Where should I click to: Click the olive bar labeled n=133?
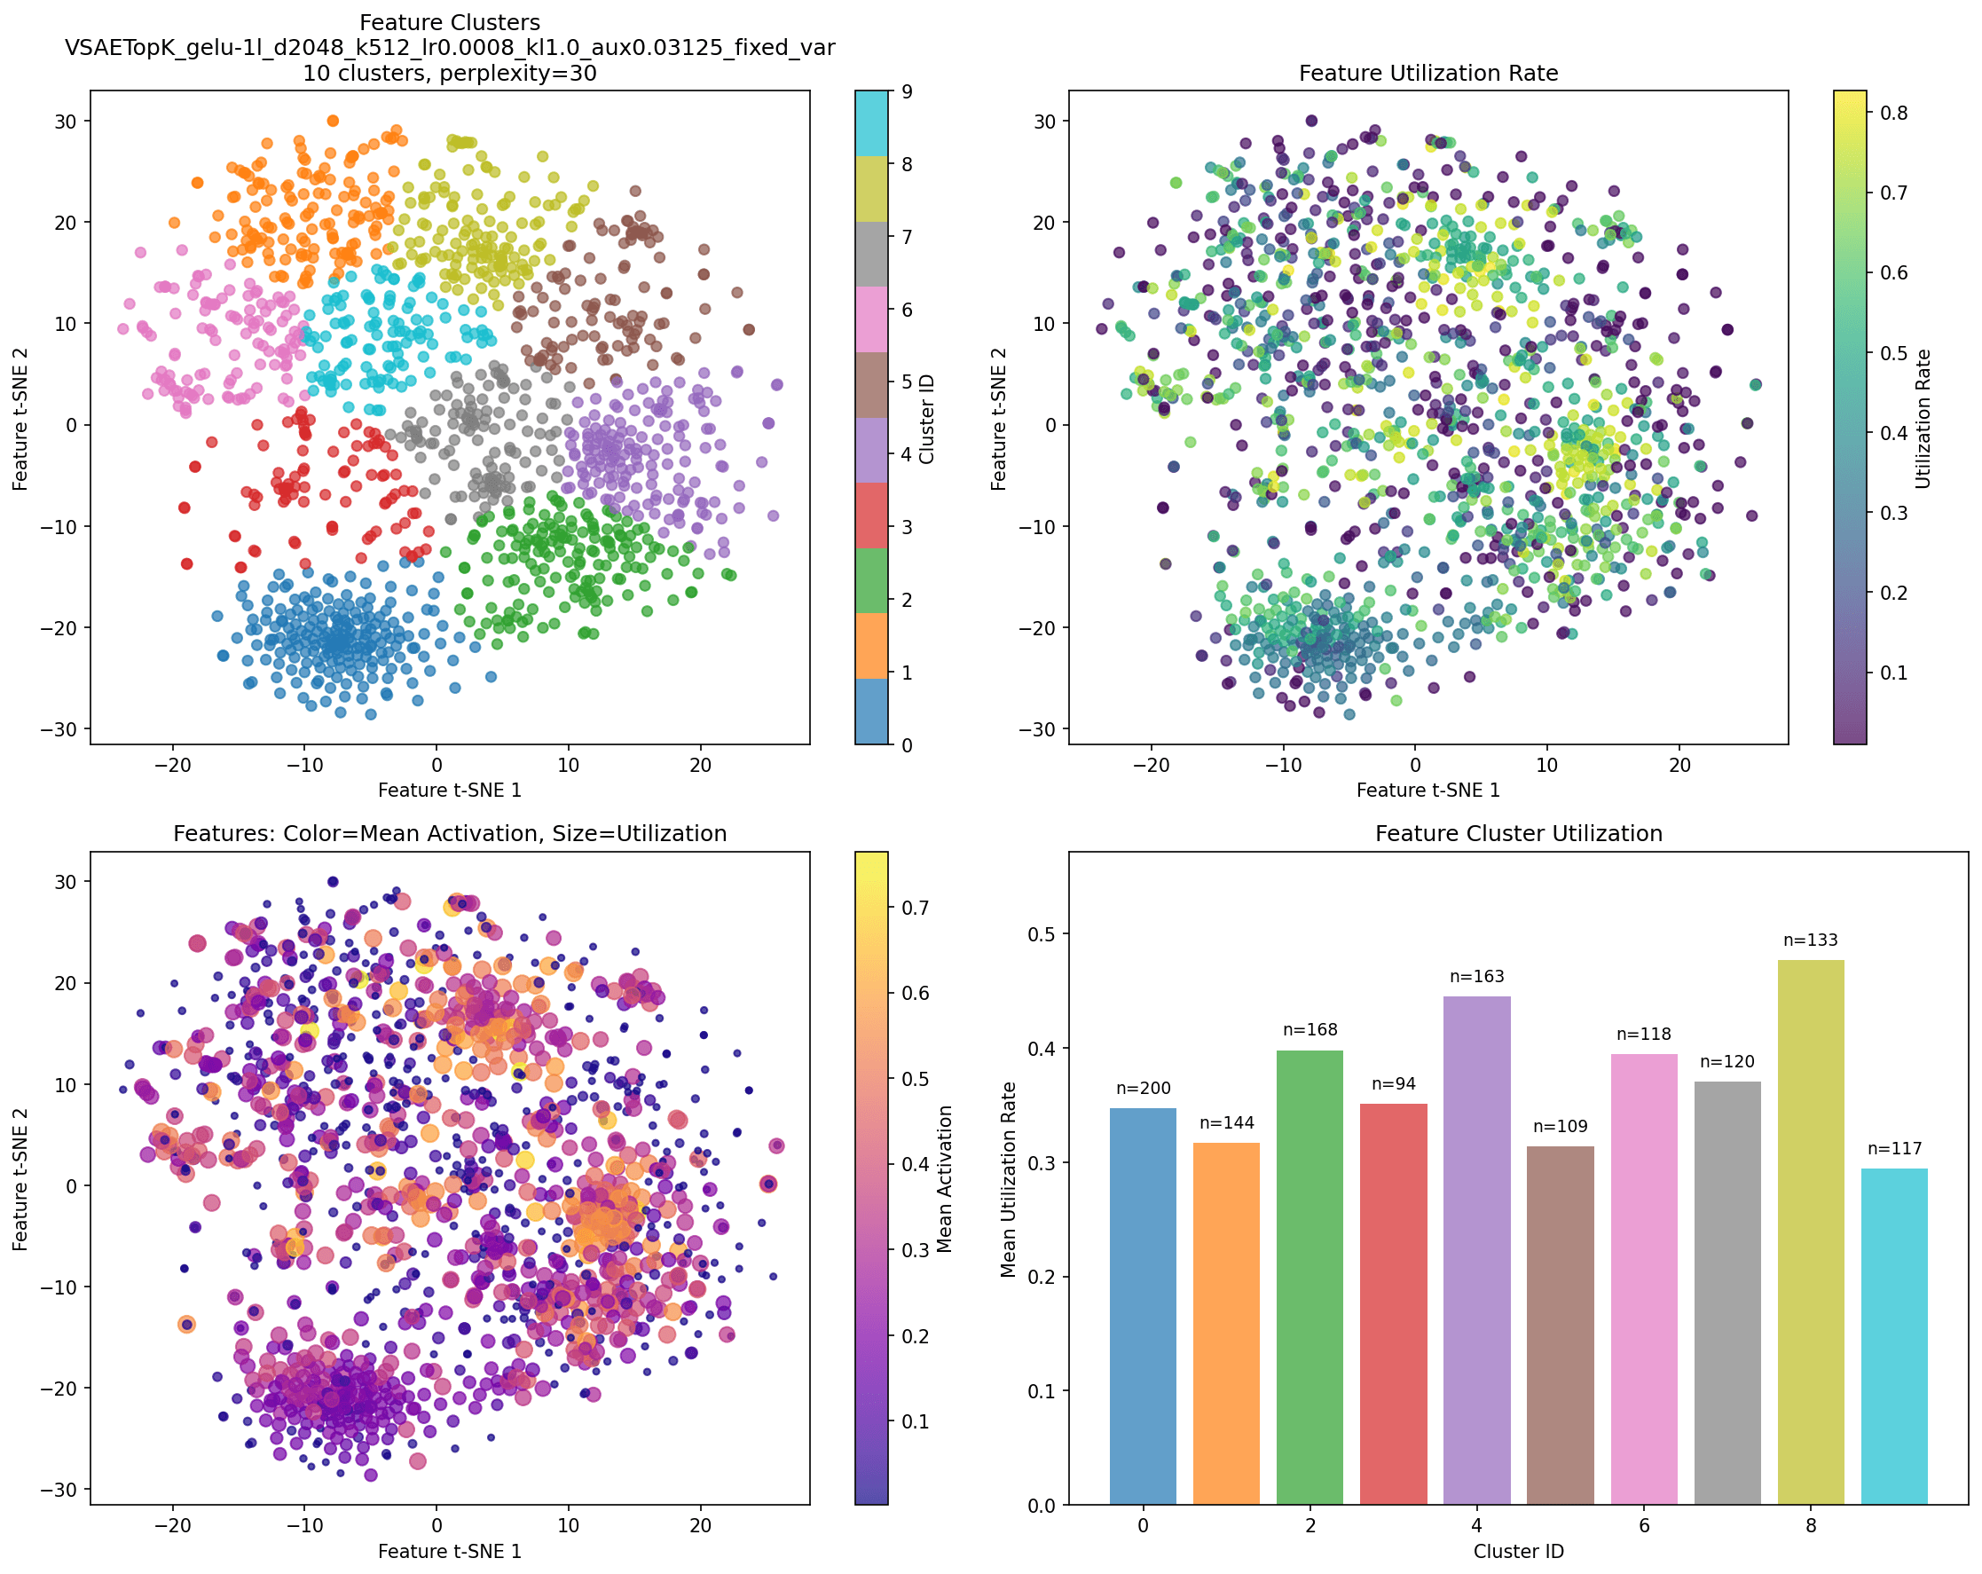coord(1810,1232)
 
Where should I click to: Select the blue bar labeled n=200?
coord(1143,1306)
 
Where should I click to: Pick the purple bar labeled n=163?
coord(1476,1250)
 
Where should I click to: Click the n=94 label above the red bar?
coord(1394,1084)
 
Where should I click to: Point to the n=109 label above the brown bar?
coord(1560,1126)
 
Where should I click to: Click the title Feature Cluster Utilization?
coord(1519,834)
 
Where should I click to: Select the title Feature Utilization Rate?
coord(1428,74)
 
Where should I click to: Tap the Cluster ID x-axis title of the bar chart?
coord(1519,1552)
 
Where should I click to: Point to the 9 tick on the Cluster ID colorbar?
coord(907,92)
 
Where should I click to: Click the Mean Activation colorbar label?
coord(944,1179)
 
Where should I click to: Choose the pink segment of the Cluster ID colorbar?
coord(871,319)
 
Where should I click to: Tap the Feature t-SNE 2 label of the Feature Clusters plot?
coord(20,418)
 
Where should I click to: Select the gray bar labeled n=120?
coord(1727,1293)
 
